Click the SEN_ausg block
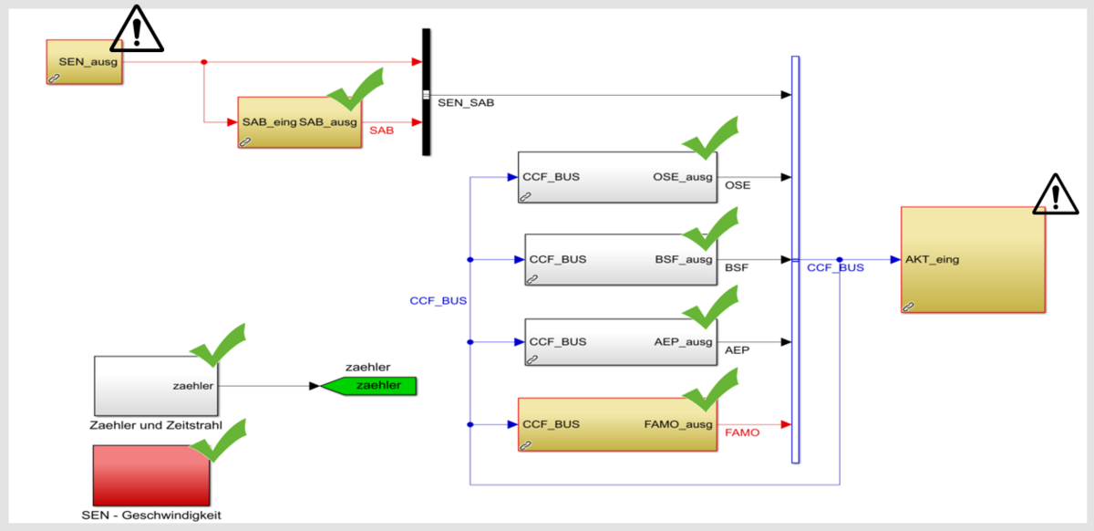(84, 62)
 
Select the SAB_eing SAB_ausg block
(299, 122)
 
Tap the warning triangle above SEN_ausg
(137, 28)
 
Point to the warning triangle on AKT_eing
(1055, 194)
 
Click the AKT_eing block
(973, 260)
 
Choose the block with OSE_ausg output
(616, 176)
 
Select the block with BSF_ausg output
(620, 259)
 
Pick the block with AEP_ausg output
(620, 342)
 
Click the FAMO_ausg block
(616, 424)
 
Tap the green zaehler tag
(369, 386)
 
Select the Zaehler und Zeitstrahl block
(155, 385)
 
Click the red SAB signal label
(381, 131)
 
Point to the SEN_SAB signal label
(466, 103)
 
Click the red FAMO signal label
(741, 432)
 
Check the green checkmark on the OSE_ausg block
(710, 140)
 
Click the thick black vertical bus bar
(426, 91)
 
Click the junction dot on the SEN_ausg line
(204, 62)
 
